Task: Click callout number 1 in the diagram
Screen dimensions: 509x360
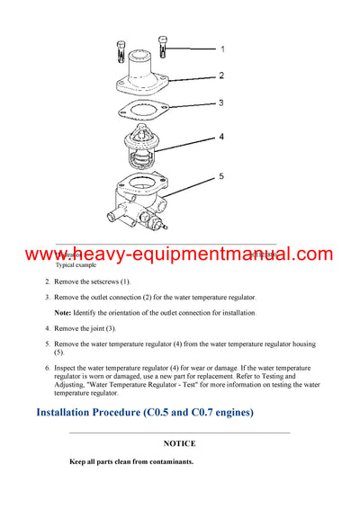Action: [x=222, y=49]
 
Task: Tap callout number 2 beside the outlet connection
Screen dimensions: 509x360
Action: [x=222, y=76]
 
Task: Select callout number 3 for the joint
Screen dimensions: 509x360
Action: [x=222, y=103]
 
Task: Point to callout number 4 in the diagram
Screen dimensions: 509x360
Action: [x=222, y=138]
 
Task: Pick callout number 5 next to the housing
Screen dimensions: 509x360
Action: [x=222, y=177]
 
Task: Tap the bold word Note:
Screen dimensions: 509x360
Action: [x=62, y=312]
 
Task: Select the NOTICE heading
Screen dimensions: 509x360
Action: [x=179, y=443]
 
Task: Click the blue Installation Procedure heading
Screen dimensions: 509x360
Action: [x=144, y=413]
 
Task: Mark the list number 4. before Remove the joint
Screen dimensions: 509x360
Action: [x=48, y=328]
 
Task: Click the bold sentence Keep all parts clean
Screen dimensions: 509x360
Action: [x=131, y=462]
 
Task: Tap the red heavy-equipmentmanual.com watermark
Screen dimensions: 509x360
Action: [x=180, y=254]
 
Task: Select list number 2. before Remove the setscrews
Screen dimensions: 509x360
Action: [x=48, y=282]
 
